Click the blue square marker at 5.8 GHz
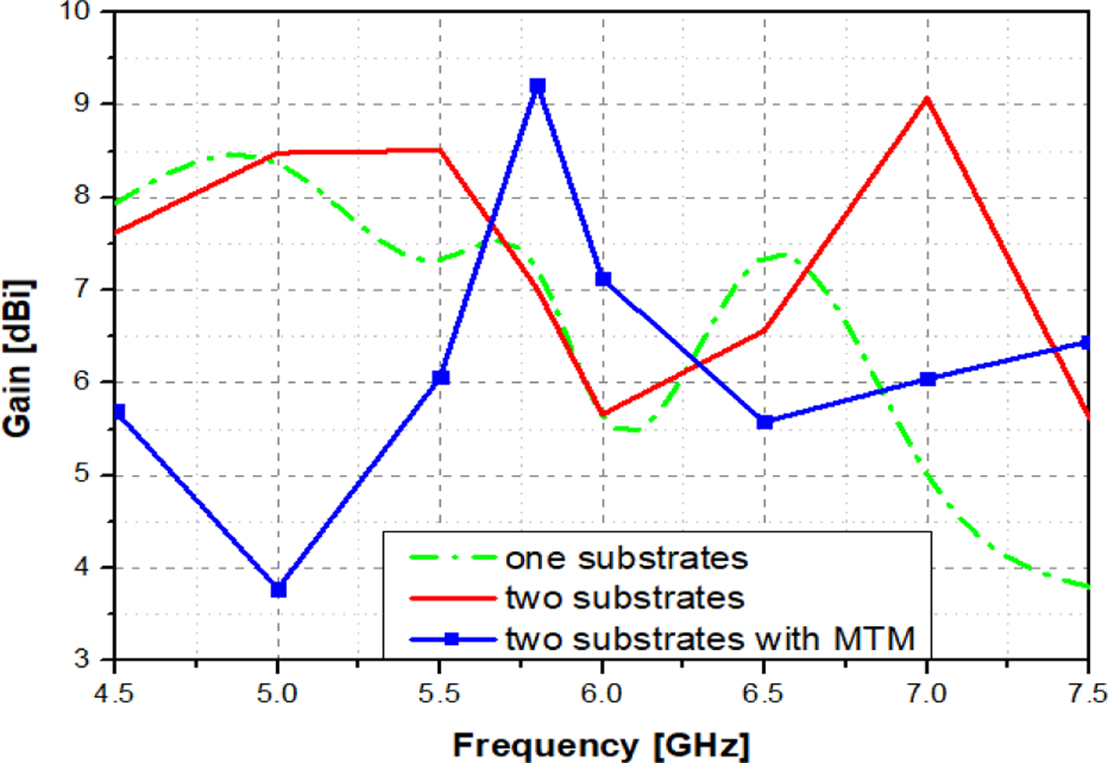(x=537, y=86)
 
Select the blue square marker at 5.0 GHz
(x=278, y=589)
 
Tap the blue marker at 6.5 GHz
(x=765, y=421)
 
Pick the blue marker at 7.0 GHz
(x=928, y=379)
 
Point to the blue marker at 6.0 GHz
(x=603, y=278)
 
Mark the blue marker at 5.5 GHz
(x=441, y=377)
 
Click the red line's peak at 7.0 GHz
(x=927, y=99)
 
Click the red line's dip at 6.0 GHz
(x=603, y=414)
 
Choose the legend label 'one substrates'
(x=626, y=558)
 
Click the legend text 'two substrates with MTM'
(x=710, y=639)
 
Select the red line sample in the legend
(x=452, y=599)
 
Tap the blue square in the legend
(x=451, y=639)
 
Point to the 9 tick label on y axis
(x=82, y=104)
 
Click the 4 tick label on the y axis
(x=82, y=567)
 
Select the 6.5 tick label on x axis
(x=763, y=694)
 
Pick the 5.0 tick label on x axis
(x=277, y=694)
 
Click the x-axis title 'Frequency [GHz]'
(x=600, y=745)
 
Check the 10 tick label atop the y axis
(x=76, y=11)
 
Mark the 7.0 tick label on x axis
(x=926, y=694)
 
